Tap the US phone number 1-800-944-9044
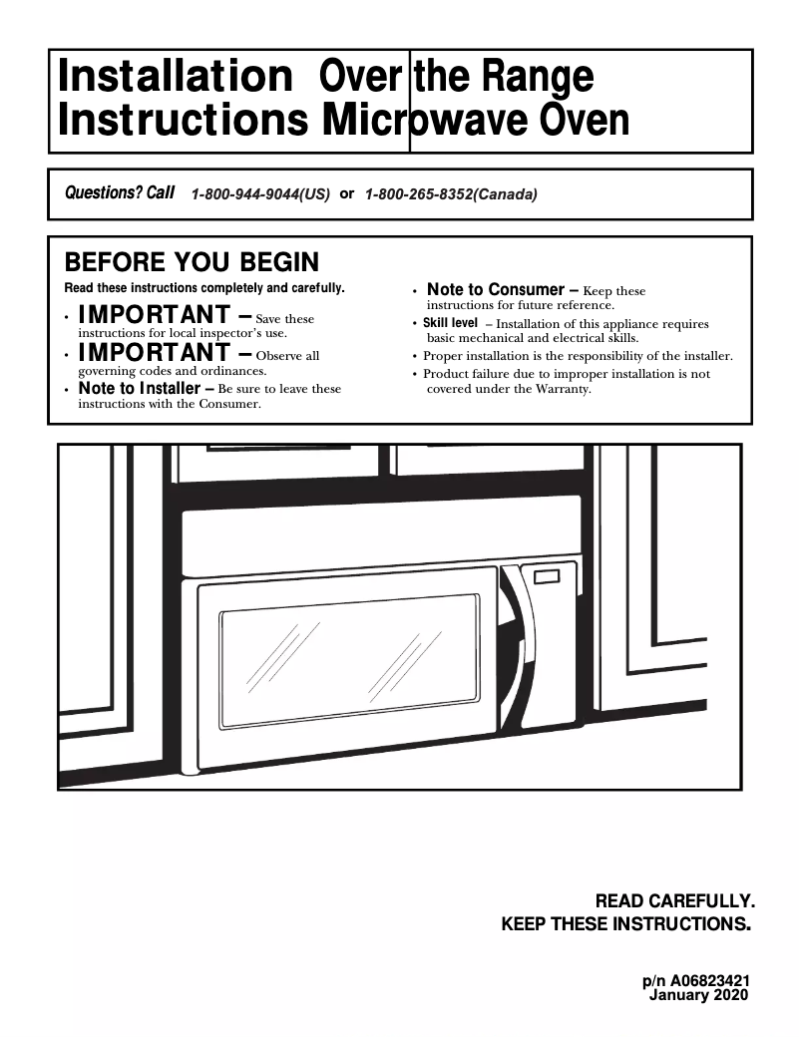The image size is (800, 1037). tap(259, 195)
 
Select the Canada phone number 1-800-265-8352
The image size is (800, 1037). tap(451, 195)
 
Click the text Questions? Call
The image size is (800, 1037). tap(119, 193)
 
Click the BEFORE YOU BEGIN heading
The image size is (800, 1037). tap(192, 262)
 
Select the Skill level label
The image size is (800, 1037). tap(450, 323)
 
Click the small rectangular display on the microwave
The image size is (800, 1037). tap(548, 577)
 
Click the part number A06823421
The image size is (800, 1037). tap(709, 981)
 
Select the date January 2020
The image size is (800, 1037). tap(698, 995)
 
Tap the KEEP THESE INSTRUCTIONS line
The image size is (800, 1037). tap(624, 924)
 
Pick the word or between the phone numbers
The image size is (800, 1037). tap(347, 194)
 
